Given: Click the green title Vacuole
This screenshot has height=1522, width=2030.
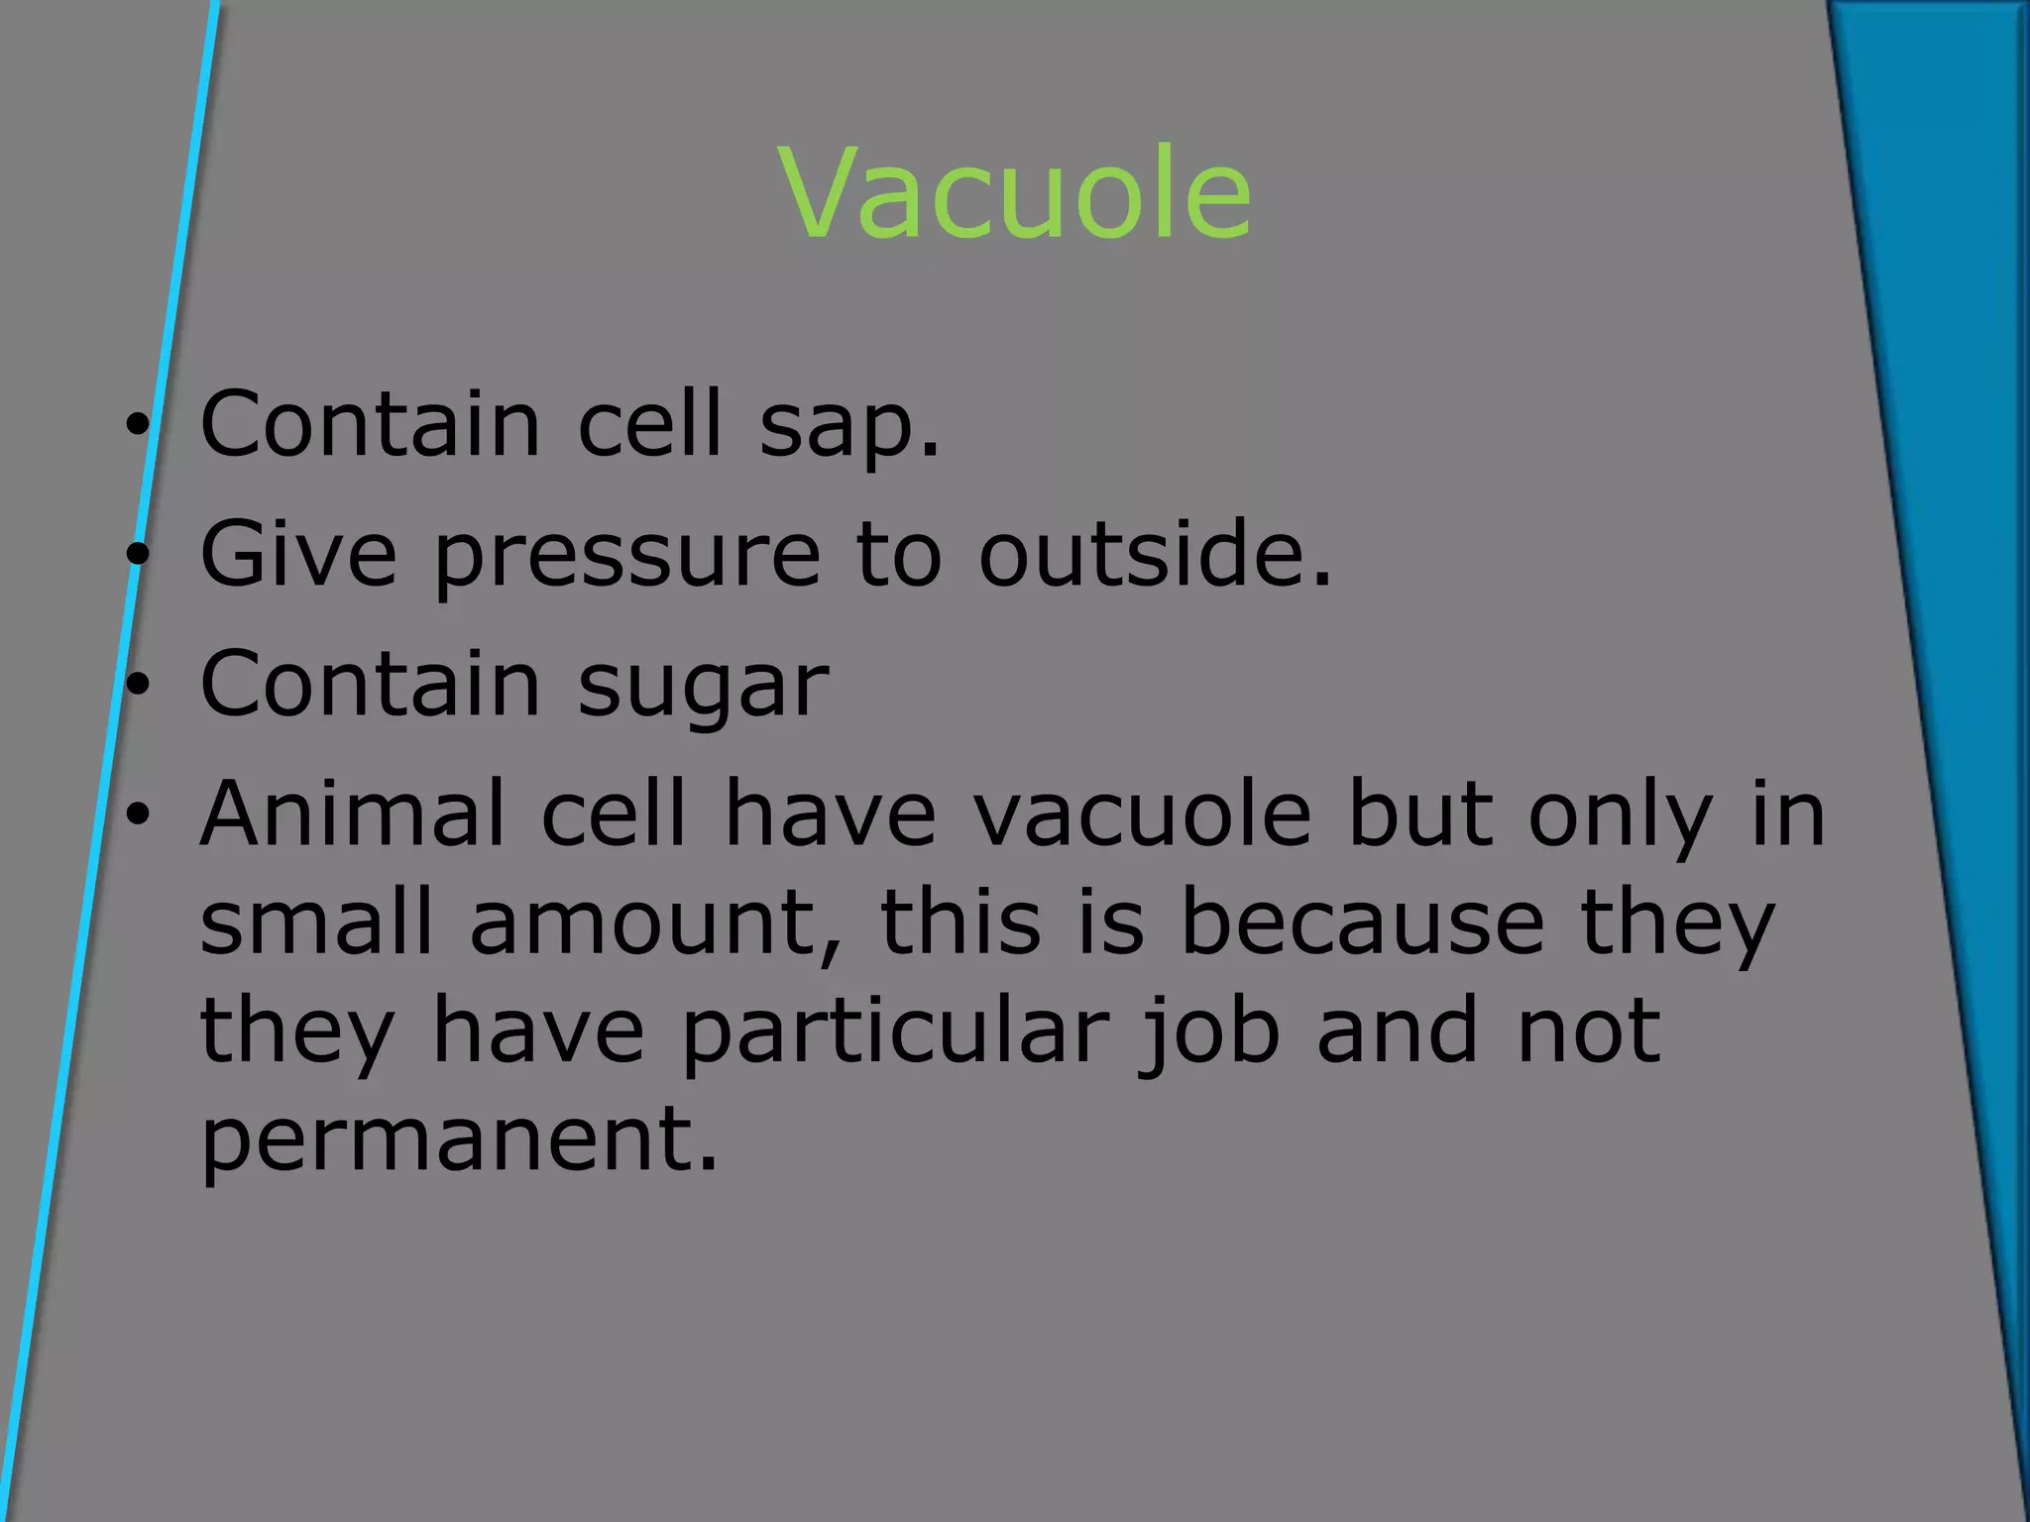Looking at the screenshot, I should coord(1016,193).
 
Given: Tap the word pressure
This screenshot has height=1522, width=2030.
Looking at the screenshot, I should coord(626,557).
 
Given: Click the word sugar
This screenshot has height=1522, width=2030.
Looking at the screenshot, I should coord(703,688).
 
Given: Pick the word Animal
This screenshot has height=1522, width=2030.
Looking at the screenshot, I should coord(353,814).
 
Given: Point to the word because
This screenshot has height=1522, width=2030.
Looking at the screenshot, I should coord(1362,922).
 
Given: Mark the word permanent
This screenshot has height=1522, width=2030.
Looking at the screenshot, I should coord(458,1140).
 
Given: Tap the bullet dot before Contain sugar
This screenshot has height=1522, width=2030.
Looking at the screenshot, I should coord(137,686).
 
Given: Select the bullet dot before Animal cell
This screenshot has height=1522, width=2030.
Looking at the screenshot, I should coord(137,815).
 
